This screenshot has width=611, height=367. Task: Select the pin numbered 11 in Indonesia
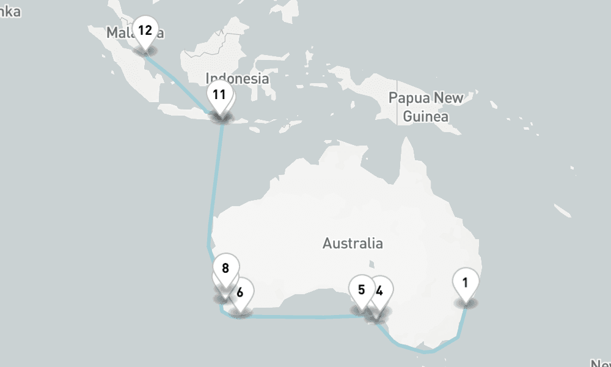tap(219, 95)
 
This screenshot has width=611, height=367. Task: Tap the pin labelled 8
tap(225, 268)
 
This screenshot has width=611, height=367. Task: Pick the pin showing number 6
tap(241, 292)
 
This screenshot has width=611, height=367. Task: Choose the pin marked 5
tap(361, 289)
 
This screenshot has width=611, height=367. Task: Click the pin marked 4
tap(379, 291)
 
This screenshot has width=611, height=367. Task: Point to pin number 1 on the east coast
tap(466, 283)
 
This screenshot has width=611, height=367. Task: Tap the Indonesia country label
tap(237, 78)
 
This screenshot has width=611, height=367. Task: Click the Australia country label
tap(353, 243)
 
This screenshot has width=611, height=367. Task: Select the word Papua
tap(409, 98)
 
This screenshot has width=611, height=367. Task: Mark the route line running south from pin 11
tap(215, 183)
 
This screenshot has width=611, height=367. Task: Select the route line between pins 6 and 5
tap(299, 316)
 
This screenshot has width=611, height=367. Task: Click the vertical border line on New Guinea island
tap(397, 104)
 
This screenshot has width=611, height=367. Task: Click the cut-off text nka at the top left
tap(10, 12)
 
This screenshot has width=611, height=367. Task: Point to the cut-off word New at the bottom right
tap(600, 363)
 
